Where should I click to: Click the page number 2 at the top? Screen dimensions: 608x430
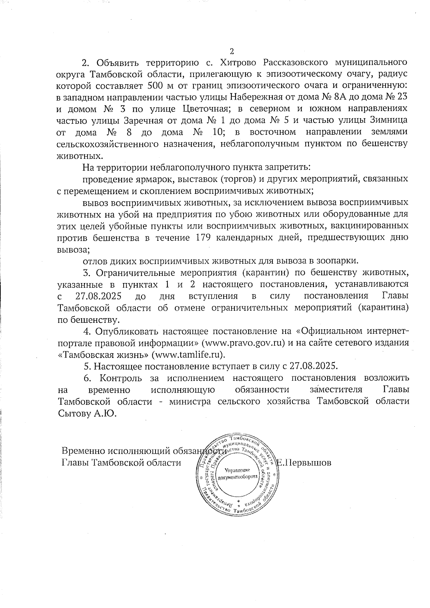coord(231,51)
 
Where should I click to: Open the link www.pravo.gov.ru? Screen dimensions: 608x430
coord(244,343)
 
